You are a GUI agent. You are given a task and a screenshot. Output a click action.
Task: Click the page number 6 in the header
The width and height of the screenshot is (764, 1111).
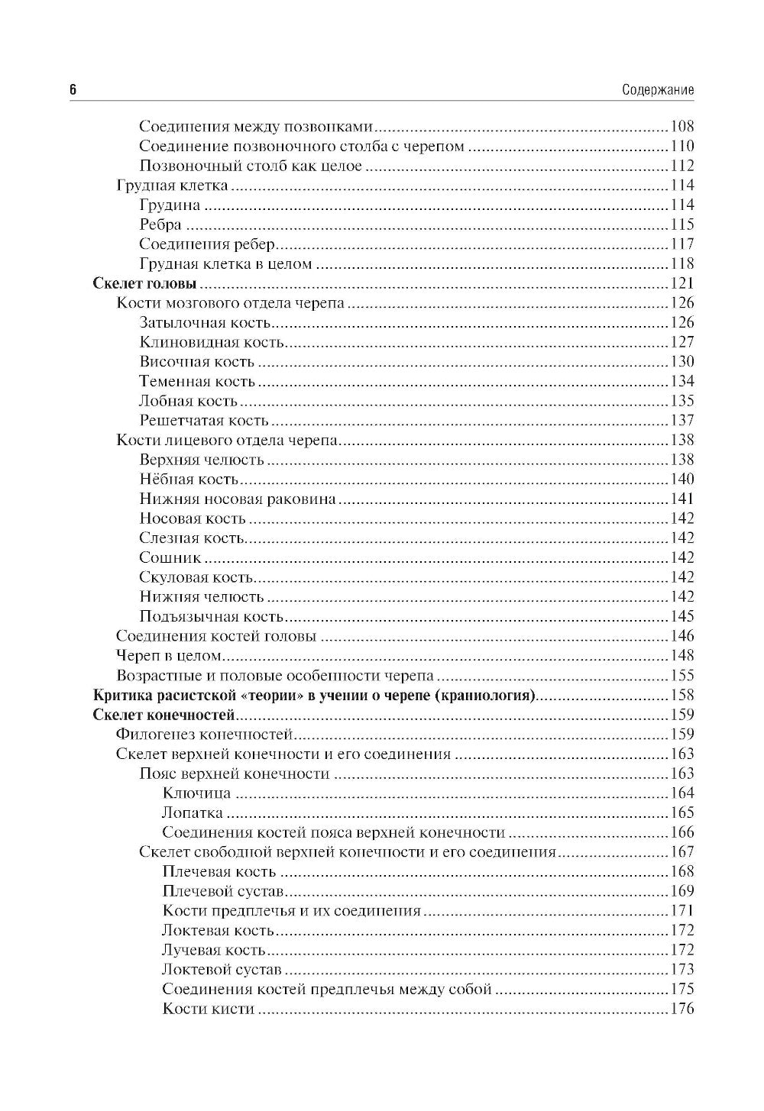(x=73, y=89)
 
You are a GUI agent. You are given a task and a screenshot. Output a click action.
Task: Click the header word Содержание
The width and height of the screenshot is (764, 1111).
(x=658, y=90)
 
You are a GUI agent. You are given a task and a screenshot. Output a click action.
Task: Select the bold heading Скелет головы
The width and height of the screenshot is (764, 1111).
(x=144, y=284)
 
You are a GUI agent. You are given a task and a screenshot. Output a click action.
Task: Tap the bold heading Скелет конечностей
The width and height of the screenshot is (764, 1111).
(x=163, y=715)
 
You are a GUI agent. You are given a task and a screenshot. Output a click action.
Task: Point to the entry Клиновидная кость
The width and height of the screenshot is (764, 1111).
(x=212, y=343)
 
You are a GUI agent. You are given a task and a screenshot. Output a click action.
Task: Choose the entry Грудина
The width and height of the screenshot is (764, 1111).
(x=170, y=205)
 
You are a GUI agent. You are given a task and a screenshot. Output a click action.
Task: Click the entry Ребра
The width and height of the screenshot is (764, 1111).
(x=160, y=224)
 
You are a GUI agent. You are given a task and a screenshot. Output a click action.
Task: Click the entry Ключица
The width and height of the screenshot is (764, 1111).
(x=196, y=793)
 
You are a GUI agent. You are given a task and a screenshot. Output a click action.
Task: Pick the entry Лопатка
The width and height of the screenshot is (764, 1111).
(x=193, y=813)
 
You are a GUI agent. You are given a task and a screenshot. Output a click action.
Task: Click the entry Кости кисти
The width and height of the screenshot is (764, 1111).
(x=208, y=1009)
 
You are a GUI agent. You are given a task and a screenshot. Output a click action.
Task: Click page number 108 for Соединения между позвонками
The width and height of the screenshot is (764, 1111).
(x=681, y=127)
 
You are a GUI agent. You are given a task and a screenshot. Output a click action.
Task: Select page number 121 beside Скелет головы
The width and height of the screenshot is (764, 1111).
(x=681, y=284)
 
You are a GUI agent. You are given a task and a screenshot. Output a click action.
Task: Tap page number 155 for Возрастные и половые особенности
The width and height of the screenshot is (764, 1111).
(x=681, y=676)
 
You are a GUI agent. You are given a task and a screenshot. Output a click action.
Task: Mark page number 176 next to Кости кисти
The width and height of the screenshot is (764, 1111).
(x=681, y=1009)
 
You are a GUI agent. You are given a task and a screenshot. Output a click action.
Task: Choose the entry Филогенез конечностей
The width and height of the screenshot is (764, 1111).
(x=205, y=735)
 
